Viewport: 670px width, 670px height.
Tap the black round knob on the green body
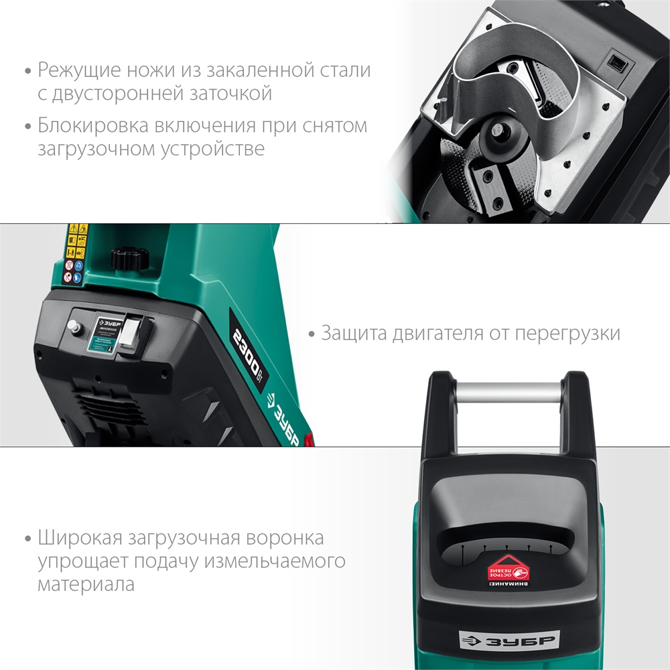127,259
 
